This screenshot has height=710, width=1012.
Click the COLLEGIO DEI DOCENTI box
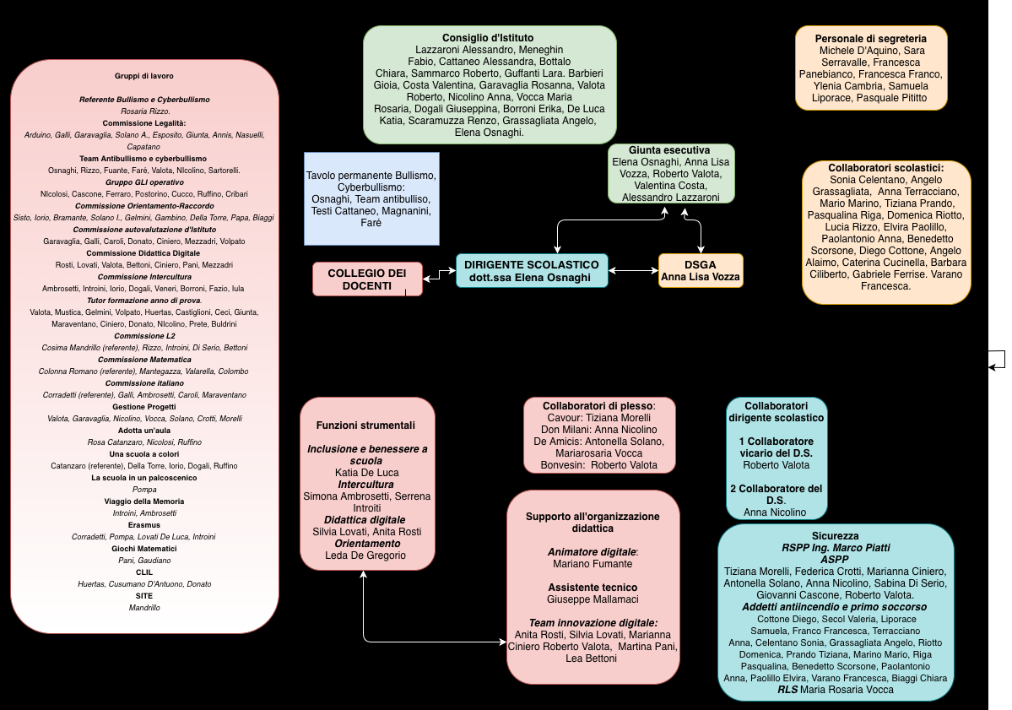coord(366,279)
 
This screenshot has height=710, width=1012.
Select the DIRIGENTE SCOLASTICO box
coord(531,270)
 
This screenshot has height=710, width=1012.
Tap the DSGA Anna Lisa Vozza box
coord(701,270)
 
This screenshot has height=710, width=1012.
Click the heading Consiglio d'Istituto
coord(490,38)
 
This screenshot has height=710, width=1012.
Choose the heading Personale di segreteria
coord(870,38)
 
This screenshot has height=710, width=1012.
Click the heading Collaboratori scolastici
coord(885,168)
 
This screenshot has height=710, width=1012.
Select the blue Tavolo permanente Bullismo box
coord(371,198)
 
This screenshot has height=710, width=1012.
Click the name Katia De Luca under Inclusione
coord(366,473)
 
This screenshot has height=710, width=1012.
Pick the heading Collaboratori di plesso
coord(598,405)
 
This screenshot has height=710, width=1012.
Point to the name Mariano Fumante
coord(592,563)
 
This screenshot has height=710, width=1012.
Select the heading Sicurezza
coord(835,536)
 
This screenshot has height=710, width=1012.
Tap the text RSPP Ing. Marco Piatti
coord(835,548)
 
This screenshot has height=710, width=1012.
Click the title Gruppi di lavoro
coord(144,75)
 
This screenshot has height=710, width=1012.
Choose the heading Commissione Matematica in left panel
coord(144,360)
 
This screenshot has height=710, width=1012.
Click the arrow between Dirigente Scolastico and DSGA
coord(633,271)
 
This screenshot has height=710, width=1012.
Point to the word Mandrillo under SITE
coord(144,607)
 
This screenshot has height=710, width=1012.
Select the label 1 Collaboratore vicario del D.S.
coord(776,447)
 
